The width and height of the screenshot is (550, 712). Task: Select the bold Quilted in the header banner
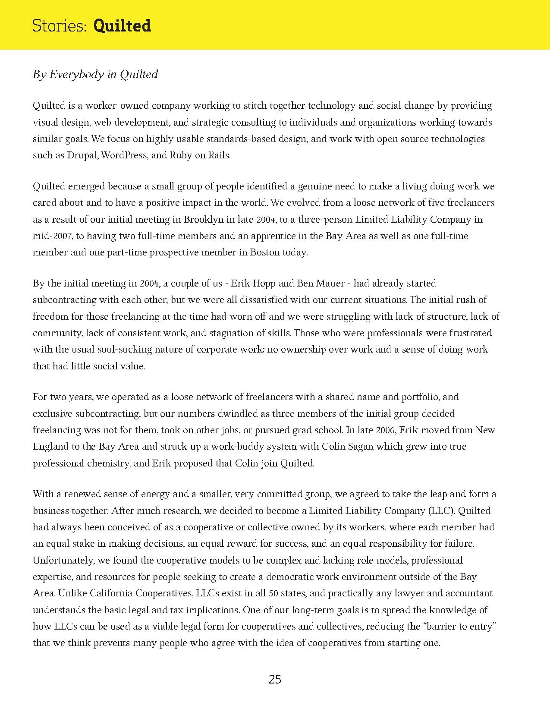point(122,26)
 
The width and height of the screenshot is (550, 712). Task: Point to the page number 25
point(275,680)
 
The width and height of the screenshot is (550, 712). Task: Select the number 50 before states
point(273,593)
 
